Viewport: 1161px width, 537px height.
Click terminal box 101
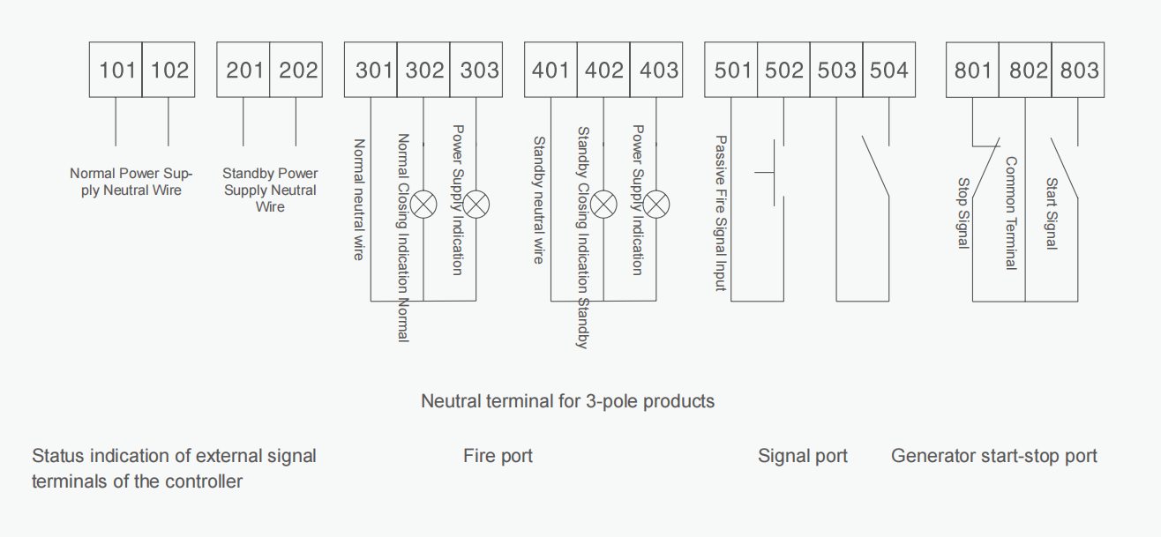116,70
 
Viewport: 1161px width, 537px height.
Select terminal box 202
296,70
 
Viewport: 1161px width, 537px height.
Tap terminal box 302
423,70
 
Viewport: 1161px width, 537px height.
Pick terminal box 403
656,70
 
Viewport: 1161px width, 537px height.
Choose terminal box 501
730,70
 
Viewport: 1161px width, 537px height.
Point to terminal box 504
889,70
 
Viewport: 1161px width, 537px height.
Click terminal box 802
1025,70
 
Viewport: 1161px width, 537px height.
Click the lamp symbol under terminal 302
423,204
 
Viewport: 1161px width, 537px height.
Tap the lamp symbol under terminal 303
476,204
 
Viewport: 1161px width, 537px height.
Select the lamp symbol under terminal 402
603,204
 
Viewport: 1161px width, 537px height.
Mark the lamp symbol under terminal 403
656,204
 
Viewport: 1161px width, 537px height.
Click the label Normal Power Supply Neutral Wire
131,182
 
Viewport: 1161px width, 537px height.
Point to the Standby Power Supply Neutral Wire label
270,190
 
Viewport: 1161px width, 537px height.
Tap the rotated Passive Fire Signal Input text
721,213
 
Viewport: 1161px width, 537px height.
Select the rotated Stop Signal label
963,213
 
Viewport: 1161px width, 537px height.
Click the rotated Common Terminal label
1011,213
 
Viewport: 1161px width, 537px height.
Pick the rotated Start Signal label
1051,213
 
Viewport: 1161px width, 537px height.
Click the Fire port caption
498,456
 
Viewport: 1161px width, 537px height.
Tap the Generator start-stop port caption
994,456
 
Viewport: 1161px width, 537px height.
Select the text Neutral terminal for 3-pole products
567,401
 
